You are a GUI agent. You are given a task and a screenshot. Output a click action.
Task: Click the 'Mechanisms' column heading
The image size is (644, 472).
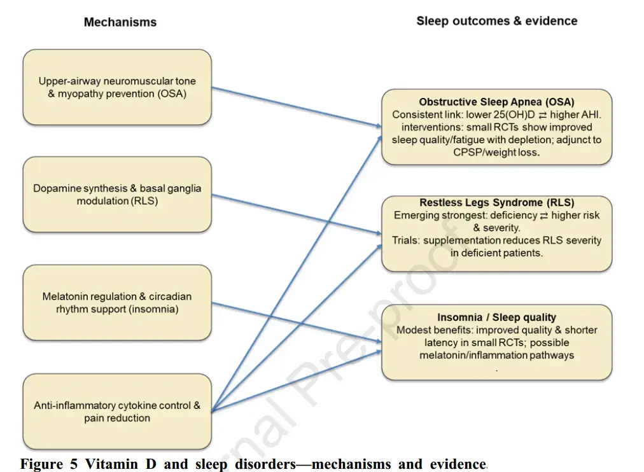(120, 22)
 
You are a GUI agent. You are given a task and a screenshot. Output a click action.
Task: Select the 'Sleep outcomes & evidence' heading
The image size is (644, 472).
(496, 21)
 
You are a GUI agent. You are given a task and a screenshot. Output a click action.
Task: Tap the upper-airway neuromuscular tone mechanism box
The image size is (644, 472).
(117, 87)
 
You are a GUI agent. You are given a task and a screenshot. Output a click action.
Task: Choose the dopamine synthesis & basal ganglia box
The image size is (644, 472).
(117, 195)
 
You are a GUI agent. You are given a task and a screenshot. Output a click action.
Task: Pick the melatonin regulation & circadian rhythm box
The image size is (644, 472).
(117, 303)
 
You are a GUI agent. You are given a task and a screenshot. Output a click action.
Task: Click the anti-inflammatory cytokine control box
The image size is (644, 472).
(117, 412)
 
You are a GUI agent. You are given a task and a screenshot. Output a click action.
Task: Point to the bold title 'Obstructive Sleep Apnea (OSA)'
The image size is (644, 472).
(496, 102)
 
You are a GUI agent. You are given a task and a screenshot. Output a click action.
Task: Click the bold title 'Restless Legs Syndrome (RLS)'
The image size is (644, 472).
(496, 203)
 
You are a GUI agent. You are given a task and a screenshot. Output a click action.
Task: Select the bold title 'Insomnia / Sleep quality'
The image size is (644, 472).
(496, 317)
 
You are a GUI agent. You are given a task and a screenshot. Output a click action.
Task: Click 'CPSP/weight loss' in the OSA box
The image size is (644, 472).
(496, 153)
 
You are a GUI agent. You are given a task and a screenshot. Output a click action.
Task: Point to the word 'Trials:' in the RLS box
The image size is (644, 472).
(406, 240)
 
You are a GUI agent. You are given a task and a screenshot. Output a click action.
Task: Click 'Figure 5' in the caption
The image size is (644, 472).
(48, 464)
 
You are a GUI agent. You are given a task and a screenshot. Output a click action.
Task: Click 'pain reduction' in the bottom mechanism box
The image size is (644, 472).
(117, 418)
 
